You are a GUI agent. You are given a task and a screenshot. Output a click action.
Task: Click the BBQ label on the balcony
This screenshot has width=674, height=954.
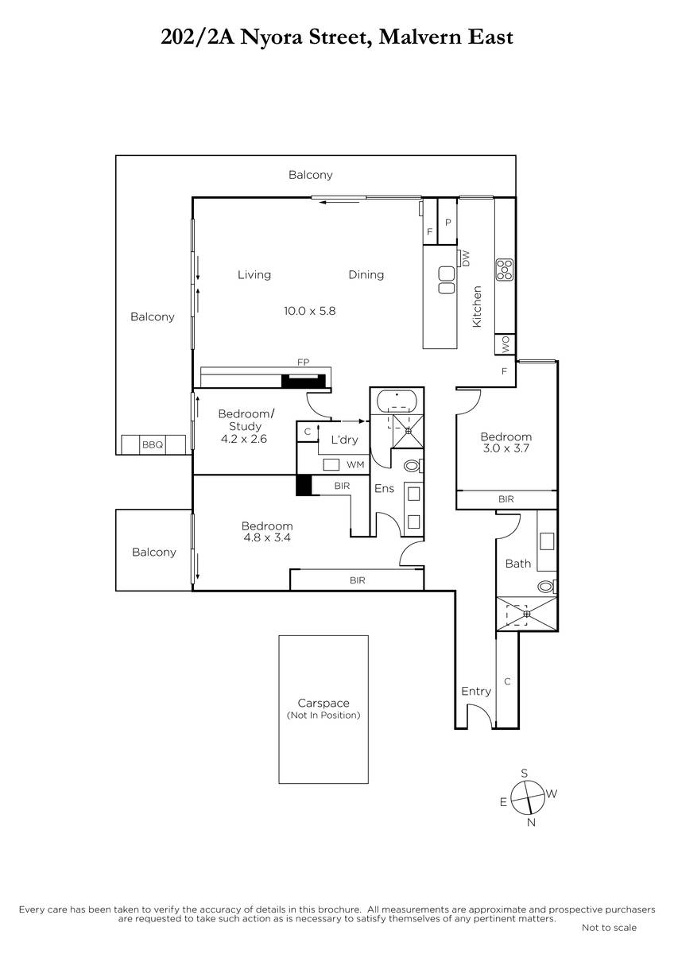pos(153,444)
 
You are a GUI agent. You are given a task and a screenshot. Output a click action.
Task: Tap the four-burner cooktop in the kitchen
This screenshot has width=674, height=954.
pos(505,270)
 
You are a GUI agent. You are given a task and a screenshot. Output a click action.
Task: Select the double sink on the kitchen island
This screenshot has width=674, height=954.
pos(446,280)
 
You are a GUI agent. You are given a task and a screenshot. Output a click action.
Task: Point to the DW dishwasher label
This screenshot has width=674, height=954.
pos(467,258)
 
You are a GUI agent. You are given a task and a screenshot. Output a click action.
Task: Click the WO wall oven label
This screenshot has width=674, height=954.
pos(505,344)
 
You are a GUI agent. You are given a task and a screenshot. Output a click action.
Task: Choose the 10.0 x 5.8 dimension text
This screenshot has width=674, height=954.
pos(309,311)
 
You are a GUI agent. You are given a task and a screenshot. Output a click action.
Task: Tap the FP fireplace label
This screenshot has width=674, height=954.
pos(303,362)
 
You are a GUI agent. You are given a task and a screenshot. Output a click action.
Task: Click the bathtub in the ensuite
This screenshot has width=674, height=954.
pos(397,401)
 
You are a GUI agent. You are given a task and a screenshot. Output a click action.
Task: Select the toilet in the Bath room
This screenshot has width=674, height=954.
pos(547,587)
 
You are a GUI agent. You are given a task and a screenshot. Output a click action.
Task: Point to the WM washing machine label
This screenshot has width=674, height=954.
pos(355,464)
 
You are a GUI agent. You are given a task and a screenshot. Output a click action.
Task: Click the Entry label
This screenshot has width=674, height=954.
pos(476,691)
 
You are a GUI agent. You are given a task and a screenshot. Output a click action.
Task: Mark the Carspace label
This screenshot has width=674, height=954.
pos(323,703)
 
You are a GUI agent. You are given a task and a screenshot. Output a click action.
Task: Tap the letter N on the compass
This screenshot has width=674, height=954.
pos(531,822)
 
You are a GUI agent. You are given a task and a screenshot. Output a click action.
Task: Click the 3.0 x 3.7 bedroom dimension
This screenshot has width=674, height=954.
pos(505,448)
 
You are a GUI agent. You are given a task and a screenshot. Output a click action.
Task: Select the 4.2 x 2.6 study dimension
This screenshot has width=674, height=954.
pos(244,439)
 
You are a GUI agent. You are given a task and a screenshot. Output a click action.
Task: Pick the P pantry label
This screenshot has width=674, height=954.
pos(448,223)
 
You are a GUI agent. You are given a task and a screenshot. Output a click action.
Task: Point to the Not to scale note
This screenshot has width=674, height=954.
pos(609,928)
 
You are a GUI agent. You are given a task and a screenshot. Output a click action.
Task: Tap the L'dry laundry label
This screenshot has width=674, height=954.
pos(344,440)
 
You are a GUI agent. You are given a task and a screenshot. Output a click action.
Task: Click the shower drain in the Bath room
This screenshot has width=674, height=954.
pos(527,614)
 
